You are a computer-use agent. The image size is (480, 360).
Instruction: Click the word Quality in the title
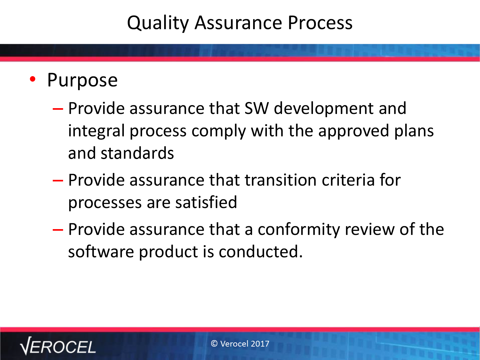(158, 23)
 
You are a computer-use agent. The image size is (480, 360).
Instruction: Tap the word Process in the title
(320, 23)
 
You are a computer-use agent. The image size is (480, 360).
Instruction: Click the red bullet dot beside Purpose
(33, 79)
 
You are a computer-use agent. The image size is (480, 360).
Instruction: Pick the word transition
(281, 180)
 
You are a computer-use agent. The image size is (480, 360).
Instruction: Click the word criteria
(348, 180)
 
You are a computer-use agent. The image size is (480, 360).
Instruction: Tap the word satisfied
(206, 202)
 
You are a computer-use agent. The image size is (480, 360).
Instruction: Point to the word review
(370, 229)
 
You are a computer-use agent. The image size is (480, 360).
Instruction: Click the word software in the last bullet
(101, 252)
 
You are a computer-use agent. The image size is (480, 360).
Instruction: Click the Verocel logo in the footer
(58, 346)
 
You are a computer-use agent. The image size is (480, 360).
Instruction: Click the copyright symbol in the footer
(214, 344)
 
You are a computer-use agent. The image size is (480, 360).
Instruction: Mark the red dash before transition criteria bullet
(58, 180)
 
